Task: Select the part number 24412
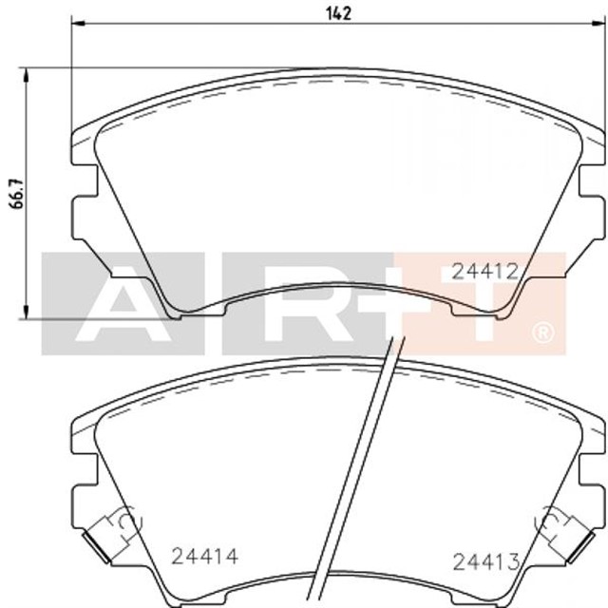[x=484, y=271]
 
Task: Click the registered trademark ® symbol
[x=542, y=332]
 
